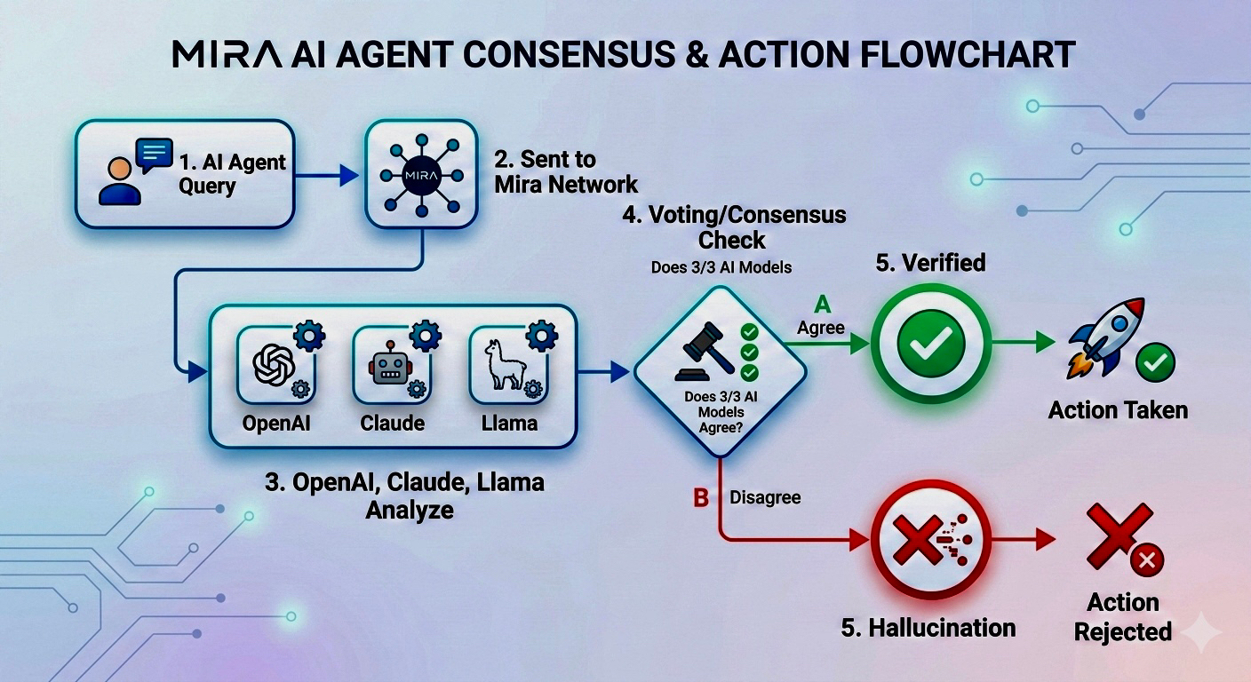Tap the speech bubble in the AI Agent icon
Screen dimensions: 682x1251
(x=155, y=155)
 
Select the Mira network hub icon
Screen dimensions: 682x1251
(x=421, y=174)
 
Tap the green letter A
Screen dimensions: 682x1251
(x=824, y=305)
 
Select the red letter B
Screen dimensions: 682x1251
(x=701, y=498)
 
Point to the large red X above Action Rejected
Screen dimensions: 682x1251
(x=1120, y=533)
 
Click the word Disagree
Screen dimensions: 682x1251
(x=765, y=497)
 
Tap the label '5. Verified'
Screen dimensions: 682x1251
(x=931, y=263)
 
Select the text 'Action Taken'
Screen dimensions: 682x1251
(x=1118, y=410)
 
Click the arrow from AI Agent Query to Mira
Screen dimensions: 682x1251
(x=326, y=176)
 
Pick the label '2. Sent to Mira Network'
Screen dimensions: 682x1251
(x=566, y=171)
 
